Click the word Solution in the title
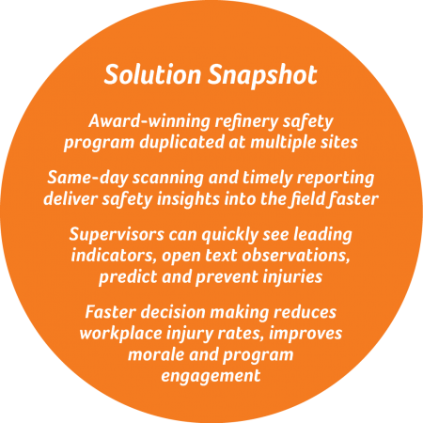[x=152, y=74]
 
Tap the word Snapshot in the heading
[x=262, y=76]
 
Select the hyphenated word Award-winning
[x=149, y=121]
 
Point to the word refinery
[x=246, y=122]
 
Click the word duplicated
[x=181, y=142]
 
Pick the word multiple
[x=281, y=143]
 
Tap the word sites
[x=337, y=142]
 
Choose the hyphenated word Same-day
[x=87, y=179]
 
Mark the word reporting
[x=336, y=179]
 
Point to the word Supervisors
[x=117, y=234]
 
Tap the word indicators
[x=114, y=256]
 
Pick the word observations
[x=296, y=256]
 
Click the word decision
[x=173, y=312]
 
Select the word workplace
[x=120, y=334]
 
